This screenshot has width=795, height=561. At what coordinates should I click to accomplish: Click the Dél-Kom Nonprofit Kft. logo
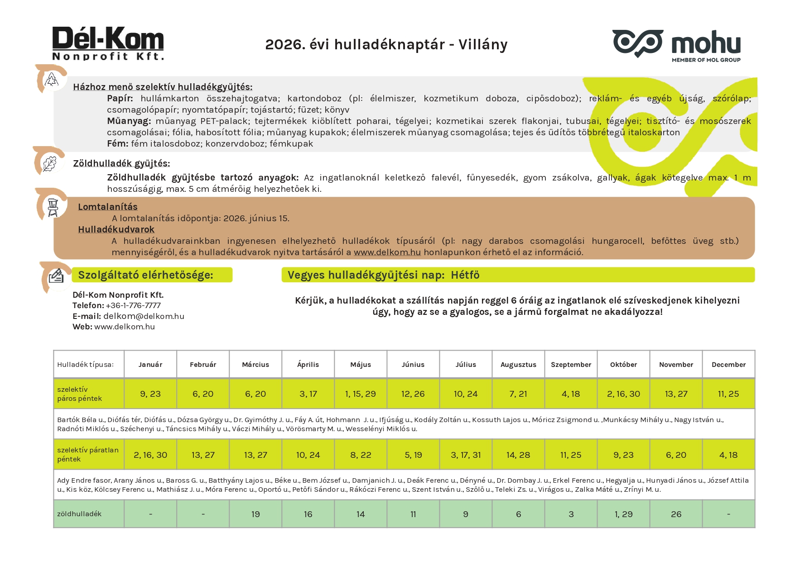(108, 43)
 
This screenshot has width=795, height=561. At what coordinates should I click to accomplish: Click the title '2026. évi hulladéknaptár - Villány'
(386, 44)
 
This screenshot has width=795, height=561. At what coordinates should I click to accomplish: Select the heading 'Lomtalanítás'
(108, 207)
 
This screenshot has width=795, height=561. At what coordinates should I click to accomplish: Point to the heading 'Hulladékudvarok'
(116, 229)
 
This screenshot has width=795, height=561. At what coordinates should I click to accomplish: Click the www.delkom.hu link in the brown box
(387, 252)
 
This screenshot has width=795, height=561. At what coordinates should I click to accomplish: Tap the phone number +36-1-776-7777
(133, 305)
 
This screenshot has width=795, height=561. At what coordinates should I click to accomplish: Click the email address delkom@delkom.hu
(144, 316)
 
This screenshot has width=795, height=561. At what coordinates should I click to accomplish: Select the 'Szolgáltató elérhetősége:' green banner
(152, 275)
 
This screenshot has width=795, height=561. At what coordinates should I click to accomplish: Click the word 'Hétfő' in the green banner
(465, 275)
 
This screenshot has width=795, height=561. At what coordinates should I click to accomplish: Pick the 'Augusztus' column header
(518, 365)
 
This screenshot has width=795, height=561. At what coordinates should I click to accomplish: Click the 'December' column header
(728, 365)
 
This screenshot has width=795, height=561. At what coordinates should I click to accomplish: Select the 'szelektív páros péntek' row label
(80, 394)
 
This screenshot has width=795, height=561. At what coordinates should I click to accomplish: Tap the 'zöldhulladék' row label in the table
(79, 514)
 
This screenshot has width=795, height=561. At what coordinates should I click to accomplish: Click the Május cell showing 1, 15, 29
(361, 394)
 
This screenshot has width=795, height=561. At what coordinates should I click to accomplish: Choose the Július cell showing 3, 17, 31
(466, 455)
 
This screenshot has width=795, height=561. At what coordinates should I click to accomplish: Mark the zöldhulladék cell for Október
(623, 514)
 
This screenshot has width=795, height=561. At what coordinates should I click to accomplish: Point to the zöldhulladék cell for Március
(255, 514)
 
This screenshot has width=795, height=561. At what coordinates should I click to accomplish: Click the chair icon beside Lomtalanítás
(53, 207)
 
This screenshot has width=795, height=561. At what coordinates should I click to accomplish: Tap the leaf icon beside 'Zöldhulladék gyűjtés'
(49, 163)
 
